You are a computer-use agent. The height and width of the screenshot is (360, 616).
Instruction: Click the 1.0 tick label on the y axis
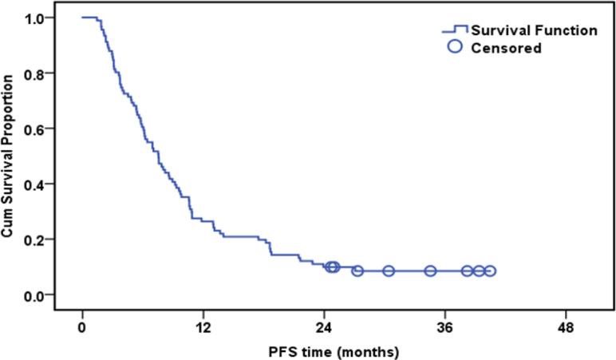(46, 18)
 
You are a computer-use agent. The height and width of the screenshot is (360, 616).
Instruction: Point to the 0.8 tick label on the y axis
(46, 73)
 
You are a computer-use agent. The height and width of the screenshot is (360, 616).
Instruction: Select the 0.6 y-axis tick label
(46, 129)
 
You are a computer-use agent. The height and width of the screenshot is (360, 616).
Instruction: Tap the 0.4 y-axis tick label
(46, 184)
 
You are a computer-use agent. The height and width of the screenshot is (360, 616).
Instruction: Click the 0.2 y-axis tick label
(46, 239)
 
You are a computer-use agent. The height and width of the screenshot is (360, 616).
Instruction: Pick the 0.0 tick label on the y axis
(46, 295)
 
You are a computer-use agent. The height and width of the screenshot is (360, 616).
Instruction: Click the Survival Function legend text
(533, 31)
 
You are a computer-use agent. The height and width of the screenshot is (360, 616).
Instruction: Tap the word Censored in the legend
(506, 49)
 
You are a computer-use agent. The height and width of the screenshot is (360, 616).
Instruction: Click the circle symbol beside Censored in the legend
(456, 48)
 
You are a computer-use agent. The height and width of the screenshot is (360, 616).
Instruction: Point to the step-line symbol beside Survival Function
(455, 30)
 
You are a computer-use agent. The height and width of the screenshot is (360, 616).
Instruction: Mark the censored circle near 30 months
(389, 271)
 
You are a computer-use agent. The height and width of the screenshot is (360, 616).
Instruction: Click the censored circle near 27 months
(357, 271)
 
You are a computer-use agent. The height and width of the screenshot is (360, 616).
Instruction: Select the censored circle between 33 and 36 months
(430, 271)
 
